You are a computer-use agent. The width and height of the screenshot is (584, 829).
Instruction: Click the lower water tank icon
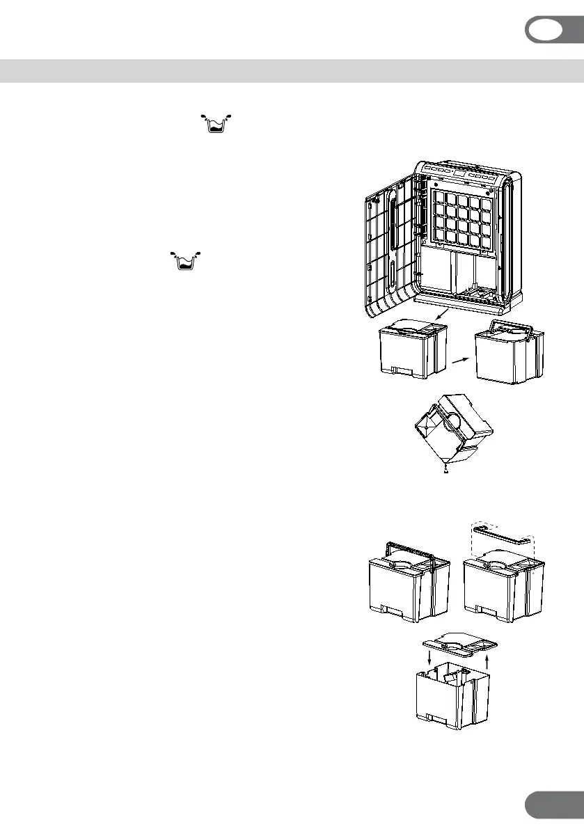184,260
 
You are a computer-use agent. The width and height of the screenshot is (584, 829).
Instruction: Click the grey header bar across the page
292,70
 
